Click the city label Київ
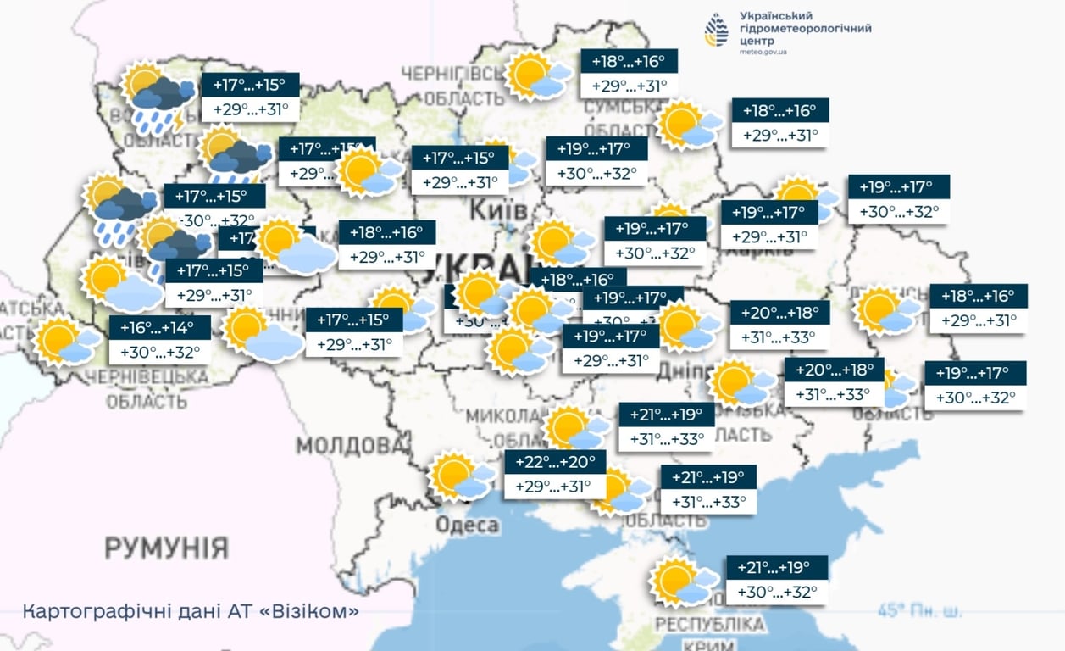[497, 209]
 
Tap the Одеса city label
[467, 526]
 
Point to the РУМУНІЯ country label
[166, 548]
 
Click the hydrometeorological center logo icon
[716, 31]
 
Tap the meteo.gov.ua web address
[763, 52]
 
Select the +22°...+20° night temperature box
[555, 463]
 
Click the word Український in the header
[776, 16]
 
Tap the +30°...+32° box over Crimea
[776, 592]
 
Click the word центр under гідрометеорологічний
[757, 40]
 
